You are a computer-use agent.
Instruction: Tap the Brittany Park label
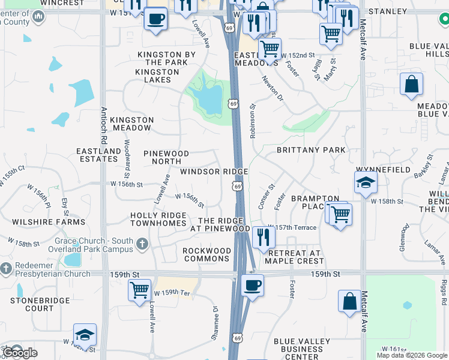[310, 149]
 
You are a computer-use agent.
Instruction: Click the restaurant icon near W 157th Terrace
[263, 237]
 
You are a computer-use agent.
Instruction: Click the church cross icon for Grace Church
[142, 244]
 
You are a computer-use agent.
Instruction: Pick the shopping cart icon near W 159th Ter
[139, 290]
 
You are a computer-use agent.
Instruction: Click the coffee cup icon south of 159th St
[252, 285]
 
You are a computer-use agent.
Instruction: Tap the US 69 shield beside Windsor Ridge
[238, 187]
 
